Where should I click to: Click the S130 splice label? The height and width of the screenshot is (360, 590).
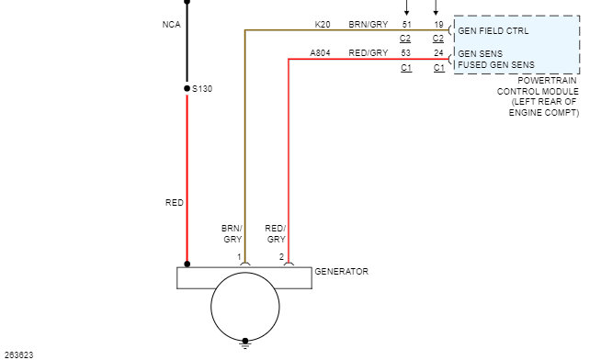[202, 89]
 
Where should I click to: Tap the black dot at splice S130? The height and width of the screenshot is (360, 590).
[187, 88]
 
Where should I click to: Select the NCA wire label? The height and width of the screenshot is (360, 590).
[172, 25]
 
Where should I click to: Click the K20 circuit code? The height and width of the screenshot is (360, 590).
[323, 25]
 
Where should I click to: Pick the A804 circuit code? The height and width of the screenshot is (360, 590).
[320, 53]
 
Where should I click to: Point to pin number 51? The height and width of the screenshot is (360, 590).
[407, 25]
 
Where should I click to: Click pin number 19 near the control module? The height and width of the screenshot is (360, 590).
[438, 25]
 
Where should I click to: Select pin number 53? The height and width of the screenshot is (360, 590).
[405, 53]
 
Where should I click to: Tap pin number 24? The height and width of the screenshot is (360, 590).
[438, 53]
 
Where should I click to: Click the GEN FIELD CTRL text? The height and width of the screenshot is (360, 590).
[494, 31]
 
